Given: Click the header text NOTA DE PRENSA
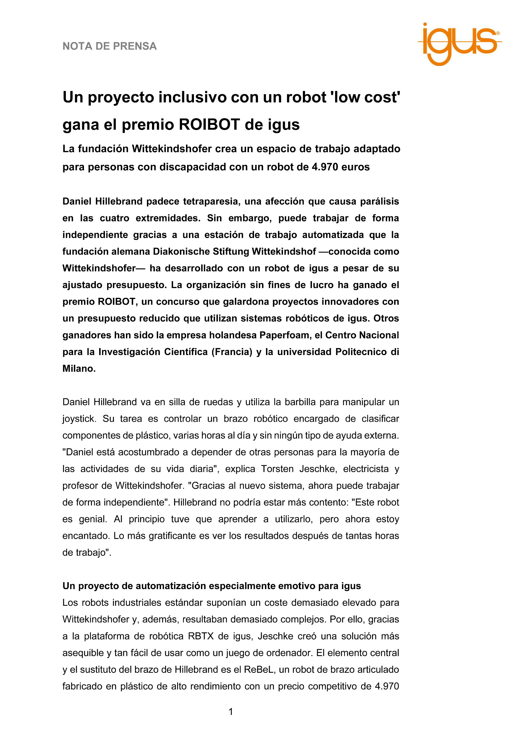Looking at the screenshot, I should (x=110, y=46).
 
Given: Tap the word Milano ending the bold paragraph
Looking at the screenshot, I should (x=78, y=369).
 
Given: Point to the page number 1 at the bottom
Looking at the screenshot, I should (x=231, y=712).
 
